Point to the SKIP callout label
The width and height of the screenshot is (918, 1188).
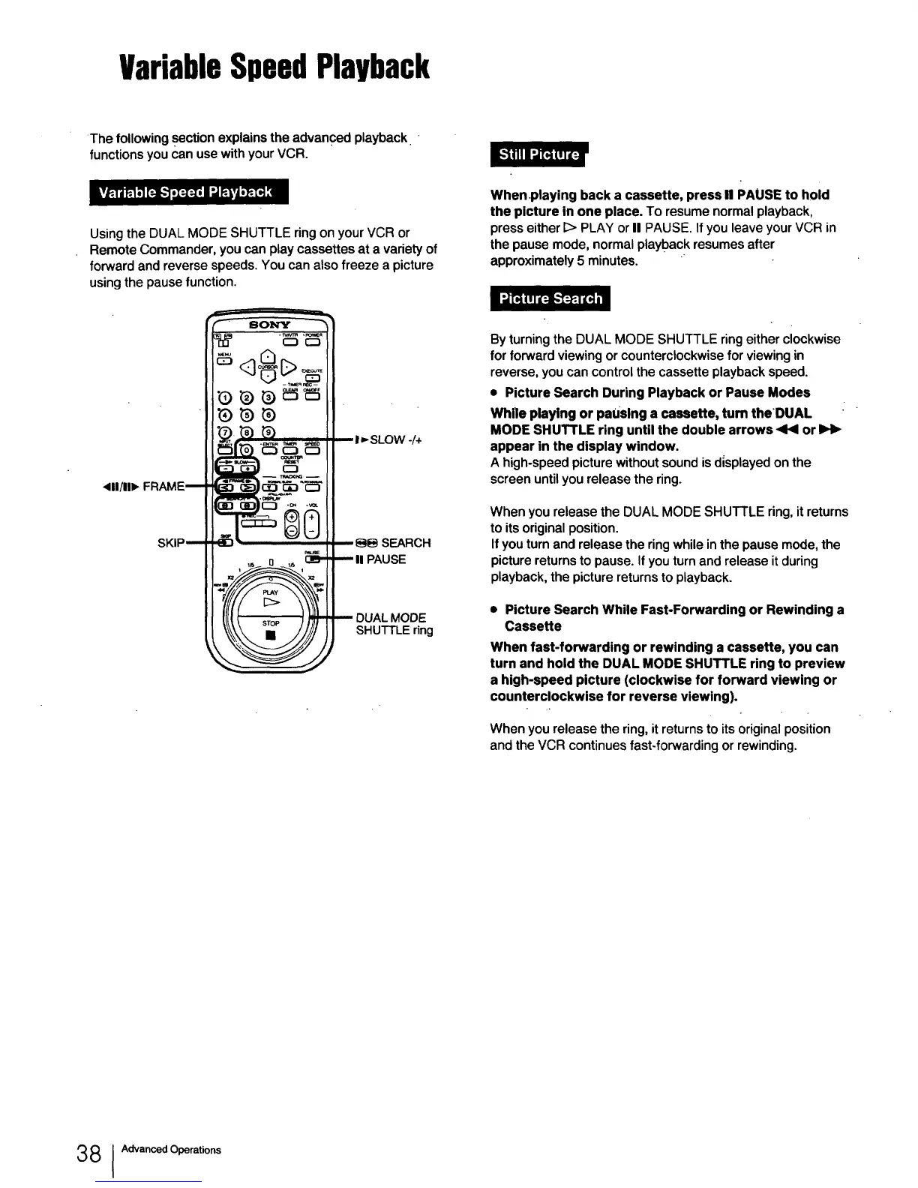coord(171,542)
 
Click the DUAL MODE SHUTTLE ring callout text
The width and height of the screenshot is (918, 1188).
coord(394,623)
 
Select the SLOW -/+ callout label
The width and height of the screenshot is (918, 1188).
coord(389,439)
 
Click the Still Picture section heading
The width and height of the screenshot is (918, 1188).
coord(539,155)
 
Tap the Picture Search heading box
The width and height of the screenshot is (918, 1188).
coord(550,298)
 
